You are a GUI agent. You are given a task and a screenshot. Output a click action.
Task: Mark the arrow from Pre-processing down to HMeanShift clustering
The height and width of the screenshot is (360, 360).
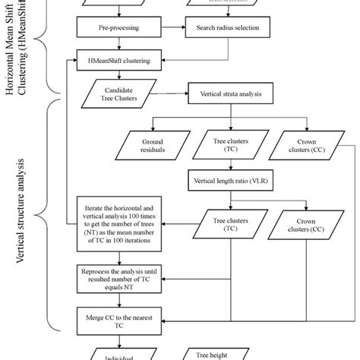[115, 43]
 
